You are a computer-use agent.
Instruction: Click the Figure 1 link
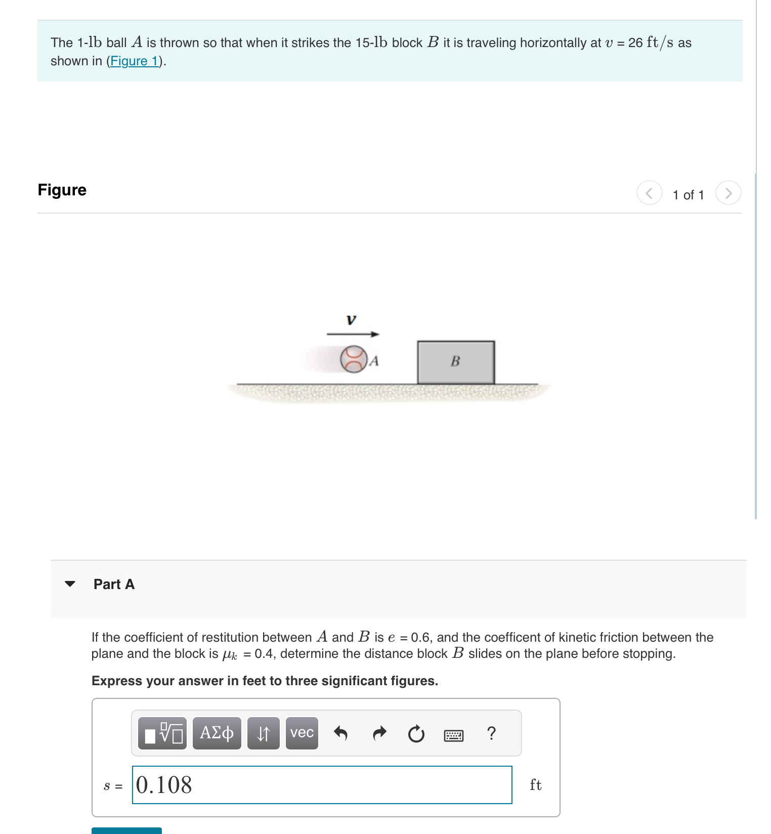point(135,61)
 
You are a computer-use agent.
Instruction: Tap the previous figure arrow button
point(649,193)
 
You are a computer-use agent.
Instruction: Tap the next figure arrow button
point(728,193)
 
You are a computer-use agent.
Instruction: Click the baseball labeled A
point(353,359)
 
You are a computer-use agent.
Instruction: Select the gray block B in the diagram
point(455,362)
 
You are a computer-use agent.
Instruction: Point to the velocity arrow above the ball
point(353,334)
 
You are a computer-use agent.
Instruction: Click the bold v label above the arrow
point(351,320)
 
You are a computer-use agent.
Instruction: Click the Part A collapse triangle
point(70,584)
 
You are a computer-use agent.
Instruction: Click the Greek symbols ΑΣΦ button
point(217,733)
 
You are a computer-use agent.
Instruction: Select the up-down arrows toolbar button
point(263,733)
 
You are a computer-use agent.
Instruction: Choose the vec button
point(302,733)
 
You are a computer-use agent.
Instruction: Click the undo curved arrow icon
point(341,733)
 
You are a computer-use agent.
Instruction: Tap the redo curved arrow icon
point(379,733)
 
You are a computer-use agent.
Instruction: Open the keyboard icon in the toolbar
point(453,735)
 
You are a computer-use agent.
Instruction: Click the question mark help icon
point(491,733)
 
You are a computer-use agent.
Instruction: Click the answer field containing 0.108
point(322,785)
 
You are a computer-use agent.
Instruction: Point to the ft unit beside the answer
point(535,785)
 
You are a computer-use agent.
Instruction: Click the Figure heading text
point(62,190)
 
